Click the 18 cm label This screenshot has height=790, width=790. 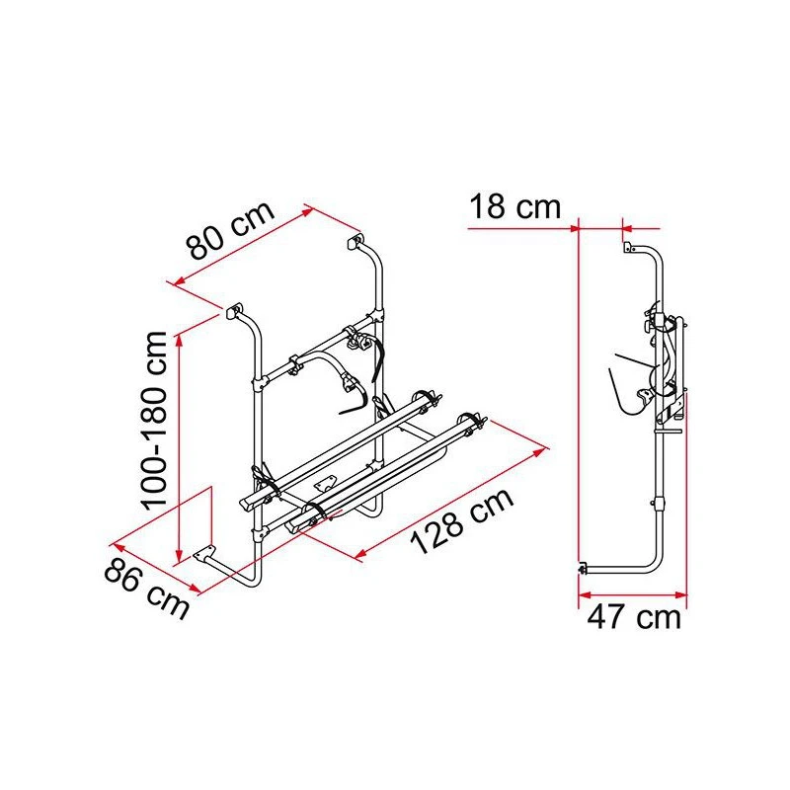click(514, 208)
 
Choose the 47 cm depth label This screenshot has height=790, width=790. click(634, 617)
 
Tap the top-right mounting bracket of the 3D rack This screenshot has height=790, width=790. click(355, 240)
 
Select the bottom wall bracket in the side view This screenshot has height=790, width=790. click(583, 568)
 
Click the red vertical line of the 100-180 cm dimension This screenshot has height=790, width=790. click(179, 444)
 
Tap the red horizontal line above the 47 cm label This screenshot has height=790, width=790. click(632, 594)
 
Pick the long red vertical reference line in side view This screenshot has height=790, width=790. click(577, 395)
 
